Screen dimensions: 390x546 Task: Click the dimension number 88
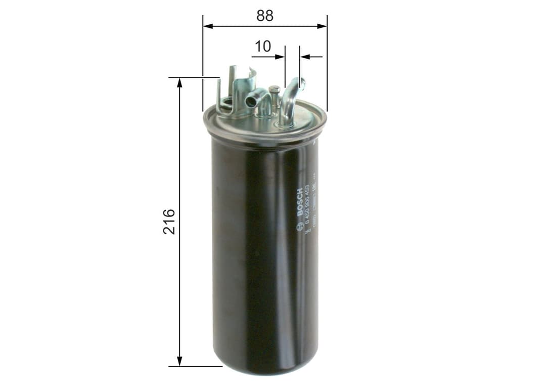point(264,16)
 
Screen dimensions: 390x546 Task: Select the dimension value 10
point(262,47)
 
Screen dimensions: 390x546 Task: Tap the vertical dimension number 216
point(169,221)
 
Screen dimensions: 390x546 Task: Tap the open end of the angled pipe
point(251,102)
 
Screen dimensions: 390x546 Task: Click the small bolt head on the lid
point(274,90)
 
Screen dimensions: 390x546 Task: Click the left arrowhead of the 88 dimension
point(207,26)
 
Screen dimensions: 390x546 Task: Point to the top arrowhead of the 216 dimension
point(179,82)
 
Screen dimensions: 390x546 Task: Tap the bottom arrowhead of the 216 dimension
point(179,361)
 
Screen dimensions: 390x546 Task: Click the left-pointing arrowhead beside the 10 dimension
point(304,57)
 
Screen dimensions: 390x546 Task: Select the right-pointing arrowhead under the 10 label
point(281,57)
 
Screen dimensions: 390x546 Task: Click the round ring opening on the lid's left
point(226,105)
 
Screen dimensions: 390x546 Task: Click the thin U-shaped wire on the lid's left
point(218,96)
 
